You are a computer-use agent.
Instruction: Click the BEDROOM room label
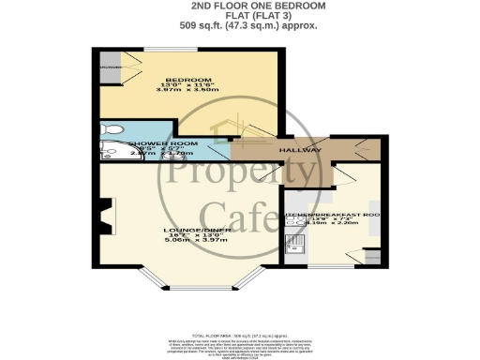point(187,80)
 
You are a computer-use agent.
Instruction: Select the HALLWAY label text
point(299,150)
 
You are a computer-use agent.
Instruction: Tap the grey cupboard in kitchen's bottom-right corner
point(367,256)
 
